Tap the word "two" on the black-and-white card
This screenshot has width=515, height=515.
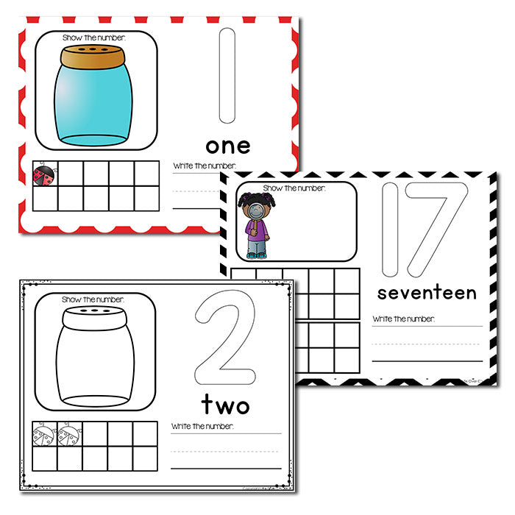(x=225, y=404)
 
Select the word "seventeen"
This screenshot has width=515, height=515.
(x=427, y=293)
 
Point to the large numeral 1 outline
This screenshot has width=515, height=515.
(x=227, y=76)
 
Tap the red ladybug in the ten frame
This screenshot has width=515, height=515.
(x=45, y=174)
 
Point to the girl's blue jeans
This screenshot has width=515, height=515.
(x=256, y=245)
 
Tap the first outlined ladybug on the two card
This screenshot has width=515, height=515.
(x=46, y=435)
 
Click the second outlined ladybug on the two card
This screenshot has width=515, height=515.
(x=71, y=435)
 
